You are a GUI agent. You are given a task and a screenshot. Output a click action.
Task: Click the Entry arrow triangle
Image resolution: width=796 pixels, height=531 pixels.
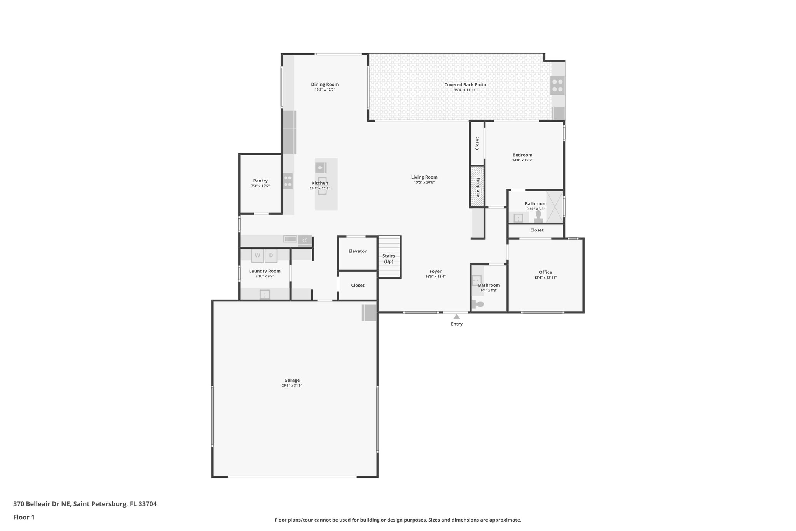coord(457,317)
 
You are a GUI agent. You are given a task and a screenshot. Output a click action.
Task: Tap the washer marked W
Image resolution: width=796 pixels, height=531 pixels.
coord(257,256)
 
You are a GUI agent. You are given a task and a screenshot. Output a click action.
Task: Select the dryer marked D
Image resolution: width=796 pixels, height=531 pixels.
coord(271,256)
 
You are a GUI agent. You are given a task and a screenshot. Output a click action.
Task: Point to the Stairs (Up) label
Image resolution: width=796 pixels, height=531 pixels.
coord(389,259)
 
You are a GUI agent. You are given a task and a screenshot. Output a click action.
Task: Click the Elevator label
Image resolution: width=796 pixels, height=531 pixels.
coord(357,251)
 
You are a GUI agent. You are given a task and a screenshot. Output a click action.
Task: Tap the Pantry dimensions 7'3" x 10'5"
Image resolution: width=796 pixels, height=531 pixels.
coord(260,186)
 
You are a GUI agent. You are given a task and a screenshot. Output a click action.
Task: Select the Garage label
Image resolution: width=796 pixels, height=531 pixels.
coord(292,380)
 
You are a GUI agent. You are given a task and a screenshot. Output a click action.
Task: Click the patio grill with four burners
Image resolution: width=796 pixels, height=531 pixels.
coord(557,86)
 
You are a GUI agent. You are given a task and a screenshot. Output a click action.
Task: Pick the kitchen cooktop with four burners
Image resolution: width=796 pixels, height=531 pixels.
coord(288,181)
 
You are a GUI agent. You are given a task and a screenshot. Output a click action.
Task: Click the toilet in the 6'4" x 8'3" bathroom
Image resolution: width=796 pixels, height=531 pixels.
coord(478,304)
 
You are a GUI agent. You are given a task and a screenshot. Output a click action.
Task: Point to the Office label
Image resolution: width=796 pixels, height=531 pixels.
coord(545,272)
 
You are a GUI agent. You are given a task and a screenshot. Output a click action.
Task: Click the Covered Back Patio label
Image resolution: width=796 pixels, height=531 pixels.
coord(465,84)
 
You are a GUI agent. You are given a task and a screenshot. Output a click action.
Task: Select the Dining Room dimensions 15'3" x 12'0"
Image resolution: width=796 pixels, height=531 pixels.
coord(325,90)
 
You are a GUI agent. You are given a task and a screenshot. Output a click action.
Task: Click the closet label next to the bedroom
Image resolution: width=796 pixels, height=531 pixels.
coord(477,143)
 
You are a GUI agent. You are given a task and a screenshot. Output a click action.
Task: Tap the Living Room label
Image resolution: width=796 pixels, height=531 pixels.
coord(424,177)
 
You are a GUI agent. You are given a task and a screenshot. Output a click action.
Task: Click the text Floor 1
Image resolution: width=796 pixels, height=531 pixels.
coord(24,517)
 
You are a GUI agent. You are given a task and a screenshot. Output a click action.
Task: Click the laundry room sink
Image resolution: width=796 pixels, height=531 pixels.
coord(265,294)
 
